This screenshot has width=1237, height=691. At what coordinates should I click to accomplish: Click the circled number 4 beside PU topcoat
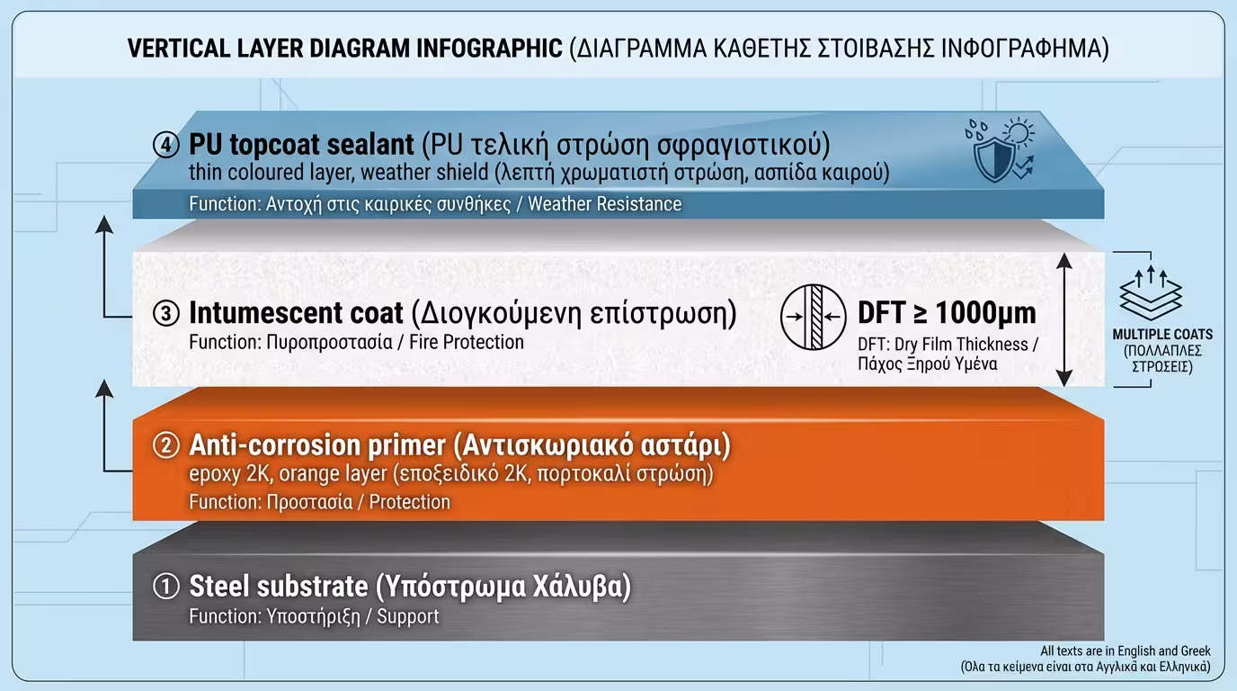(x=166, y=145)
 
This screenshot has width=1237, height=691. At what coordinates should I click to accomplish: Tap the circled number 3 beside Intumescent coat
(x=166, y=314)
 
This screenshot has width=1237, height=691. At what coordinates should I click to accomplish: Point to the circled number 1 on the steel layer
(x=166, y=587)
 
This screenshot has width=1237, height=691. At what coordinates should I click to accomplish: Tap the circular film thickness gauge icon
(x=813, y=316)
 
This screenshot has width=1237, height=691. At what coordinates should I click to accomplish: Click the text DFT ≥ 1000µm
(x=947, y=312)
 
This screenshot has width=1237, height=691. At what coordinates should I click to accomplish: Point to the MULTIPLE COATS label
(x=1161, y=335)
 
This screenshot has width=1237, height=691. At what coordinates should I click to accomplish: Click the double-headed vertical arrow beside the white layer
(x=1064, y=319)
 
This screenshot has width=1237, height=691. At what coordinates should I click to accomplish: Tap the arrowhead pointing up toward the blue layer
(x=106, y=223)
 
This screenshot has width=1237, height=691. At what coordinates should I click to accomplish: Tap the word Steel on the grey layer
(x=218, y=587)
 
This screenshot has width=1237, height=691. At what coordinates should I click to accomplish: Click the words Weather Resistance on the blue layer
(x=604, y=204)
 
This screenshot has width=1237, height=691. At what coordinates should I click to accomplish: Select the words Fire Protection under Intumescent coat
(x=467, y=342)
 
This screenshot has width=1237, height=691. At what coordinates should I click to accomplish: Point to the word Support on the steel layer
(x=408, y=616)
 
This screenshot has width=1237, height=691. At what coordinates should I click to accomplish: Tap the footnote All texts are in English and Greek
(x=1126, y=651)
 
